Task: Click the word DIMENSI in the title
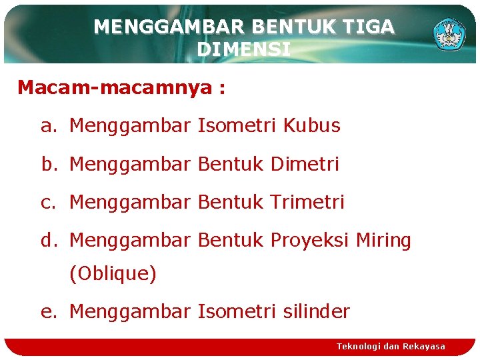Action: point(244,49)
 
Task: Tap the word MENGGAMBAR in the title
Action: point(171,27)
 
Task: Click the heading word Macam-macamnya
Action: point(113,87)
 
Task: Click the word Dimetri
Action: point(305,163)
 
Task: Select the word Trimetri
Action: point(307,201)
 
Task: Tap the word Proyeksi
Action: point(310,240)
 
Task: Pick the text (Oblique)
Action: point(113,273)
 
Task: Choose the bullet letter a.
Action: point(46,126)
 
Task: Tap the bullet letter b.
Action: point(47,163)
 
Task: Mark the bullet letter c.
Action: point(46,202)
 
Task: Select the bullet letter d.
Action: point(46,240)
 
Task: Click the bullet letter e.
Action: point(46,311)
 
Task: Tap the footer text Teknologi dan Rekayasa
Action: point(391,346)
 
